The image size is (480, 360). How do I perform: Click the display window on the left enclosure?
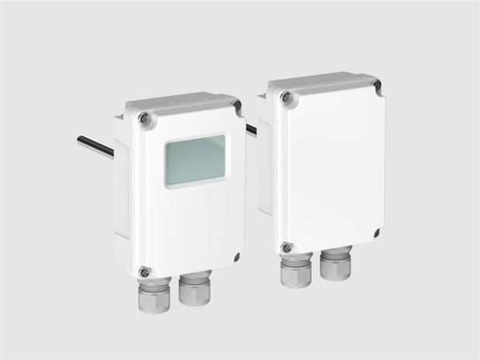pyautogui.click(x=195, y=161)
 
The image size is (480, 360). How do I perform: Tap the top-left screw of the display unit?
pyautogui.click(x=143, y=118)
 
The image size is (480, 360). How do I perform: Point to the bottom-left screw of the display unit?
pyautogui.click(x=143, y=271)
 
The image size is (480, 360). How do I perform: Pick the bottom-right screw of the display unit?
pyautogui.click(x=236, y=256)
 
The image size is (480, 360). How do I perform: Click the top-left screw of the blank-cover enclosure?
pyautogui.click(x=286, y=97)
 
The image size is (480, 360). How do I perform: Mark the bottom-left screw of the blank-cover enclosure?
pyautogui.click(x=286, y=248)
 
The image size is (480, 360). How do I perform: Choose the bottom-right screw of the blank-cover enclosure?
pyautogui.click(x=376, y=233)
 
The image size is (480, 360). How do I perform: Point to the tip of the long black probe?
pyautogui.click(x=80, y=140)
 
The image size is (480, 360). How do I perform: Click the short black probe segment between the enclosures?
pyautogui.click(x=251, y=129)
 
